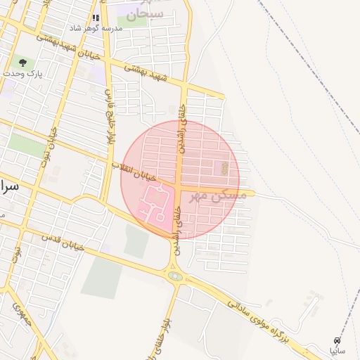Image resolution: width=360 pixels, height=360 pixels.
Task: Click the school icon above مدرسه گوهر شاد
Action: [96, 18]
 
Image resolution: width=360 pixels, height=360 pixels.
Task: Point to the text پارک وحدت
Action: [22, 73]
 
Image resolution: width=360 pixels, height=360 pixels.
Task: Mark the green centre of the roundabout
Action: [175, 276]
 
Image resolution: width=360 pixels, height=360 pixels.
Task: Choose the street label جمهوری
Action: [19, 316]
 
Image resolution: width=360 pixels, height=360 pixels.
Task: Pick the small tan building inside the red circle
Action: [224, 168]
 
